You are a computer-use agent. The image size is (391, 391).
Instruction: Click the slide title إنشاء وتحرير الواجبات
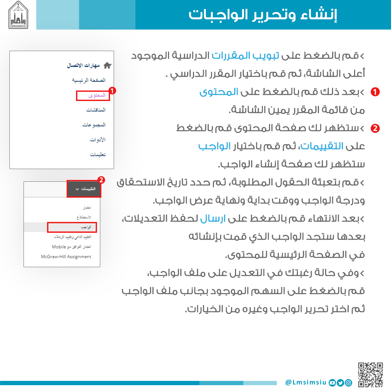(x=263, y=15)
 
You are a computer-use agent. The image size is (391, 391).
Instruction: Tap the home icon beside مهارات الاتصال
(x=108, y=66)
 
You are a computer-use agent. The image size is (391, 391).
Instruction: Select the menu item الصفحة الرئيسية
(x=89, y=80)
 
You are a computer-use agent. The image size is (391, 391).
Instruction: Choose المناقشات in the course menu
(x=96, y=110)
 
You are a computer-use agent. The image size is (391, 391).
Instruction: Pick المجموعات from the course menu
(x=94, y=125)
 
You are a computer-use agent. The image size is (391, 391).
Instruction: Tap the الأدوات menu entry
(x=97, y=139)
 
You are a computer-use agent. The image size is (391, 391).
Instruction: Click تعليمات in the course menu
(x=98, y=155)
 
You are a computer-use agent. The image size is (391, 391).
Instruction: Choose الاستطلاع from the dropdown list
(x=84, y=217)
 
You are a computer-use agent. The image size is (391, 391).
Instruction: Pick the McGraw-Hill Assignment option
(x=66, y=257)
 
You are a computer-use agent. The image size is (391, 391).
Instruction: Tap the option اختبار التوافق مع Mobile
(x=71, y=247)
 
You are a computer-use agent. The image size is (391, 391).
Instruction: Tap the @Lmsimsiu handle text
(x=306, y=382)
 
